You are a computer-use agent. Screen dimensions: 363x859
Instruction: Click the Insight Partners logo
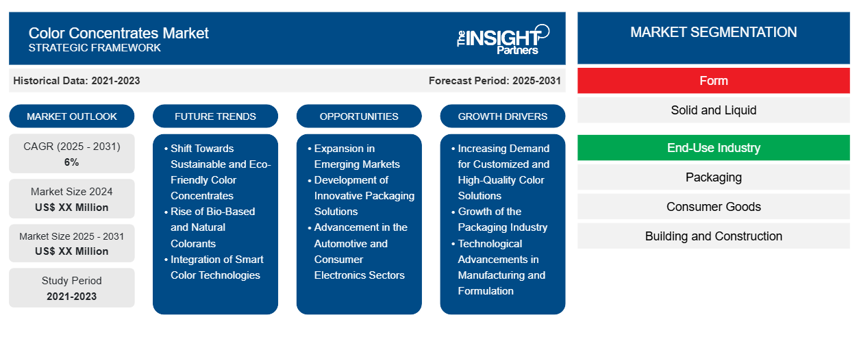click(503, 38)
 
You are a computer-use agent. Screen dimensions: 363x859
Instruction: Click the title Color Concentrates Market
click(119, 33)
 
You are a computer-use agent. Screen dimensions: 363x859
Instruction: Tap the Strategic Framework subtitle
click(95, 48)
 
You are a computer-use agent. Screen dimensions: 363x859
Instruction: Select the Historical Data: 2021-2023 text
click(77, 81)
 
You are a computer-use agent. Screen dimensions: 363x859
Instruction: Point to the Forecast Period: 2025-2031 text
click(495, 81)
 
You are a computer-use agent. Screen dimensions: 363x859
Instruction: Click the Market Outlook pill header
click(72, 116)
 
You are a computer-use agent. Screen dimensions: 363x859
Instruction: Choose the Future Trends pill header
click(215, 116)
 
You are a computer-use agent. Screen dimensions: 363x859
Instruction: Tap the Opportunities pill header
click(359, 116)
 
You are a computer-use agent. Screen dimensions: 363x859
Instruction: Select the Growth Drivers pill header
click(503, 116)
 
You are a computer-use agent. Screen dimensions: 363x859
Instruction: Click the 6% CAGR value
click(72, 162)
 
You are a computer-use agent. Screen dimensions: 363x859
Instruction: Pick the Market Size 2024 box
click(72, 199)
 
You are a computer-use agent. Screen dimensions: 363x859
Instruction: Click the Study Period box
click(72, 288)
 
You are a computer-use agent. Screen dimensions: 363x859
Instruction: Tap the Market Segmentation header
click(713, 32)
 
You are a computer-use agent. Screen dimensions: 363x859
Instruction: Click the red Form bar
click(713, 81)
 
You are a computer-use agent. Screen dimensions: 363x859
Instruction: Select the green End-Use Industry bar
click(713, 148)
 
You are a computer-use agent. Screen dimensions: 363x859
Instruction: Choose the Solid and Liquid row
click(713, 110)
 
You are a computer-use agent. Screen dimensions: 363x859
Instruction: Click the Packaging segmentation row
click(713, 177)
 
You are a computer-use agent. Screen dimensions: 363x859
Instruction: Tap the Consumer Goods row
click(713, 207)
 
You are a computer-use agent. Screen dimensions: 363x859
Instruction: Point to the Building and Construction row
click(713, 236)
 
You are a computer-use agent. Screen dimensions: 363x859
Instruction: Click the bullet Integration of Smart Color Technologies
click(216, 267)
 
